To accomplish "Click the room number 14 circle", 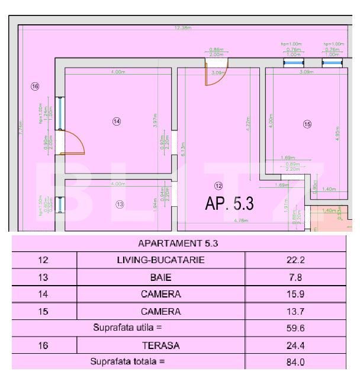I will (x=117, y=121).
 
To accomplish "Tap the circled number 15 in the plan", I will (x=307, y=124).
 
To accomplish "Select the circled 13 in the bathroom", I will (x=120, y=204).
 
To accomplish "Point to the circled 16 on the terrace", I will (x=35, y=87).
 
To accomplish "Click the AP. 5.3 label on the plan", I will (x=229, y=204).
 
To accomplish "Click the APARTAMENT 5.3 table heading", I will (x=178, y=243).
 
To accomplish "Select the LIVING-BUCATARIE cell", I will (x=161, y=260).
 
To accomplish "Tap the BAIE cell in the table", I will (x=161, y=277).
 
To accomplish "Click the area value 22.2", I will (x=295, y=260).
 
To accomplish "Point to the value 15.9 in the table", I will (x=295, y=294).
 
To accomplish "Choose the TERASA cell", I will (x=161, y=345).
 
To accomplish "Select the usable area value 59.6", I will (x=295, y=328).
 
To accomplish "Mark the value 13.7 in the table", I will (x=295, y=311).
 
